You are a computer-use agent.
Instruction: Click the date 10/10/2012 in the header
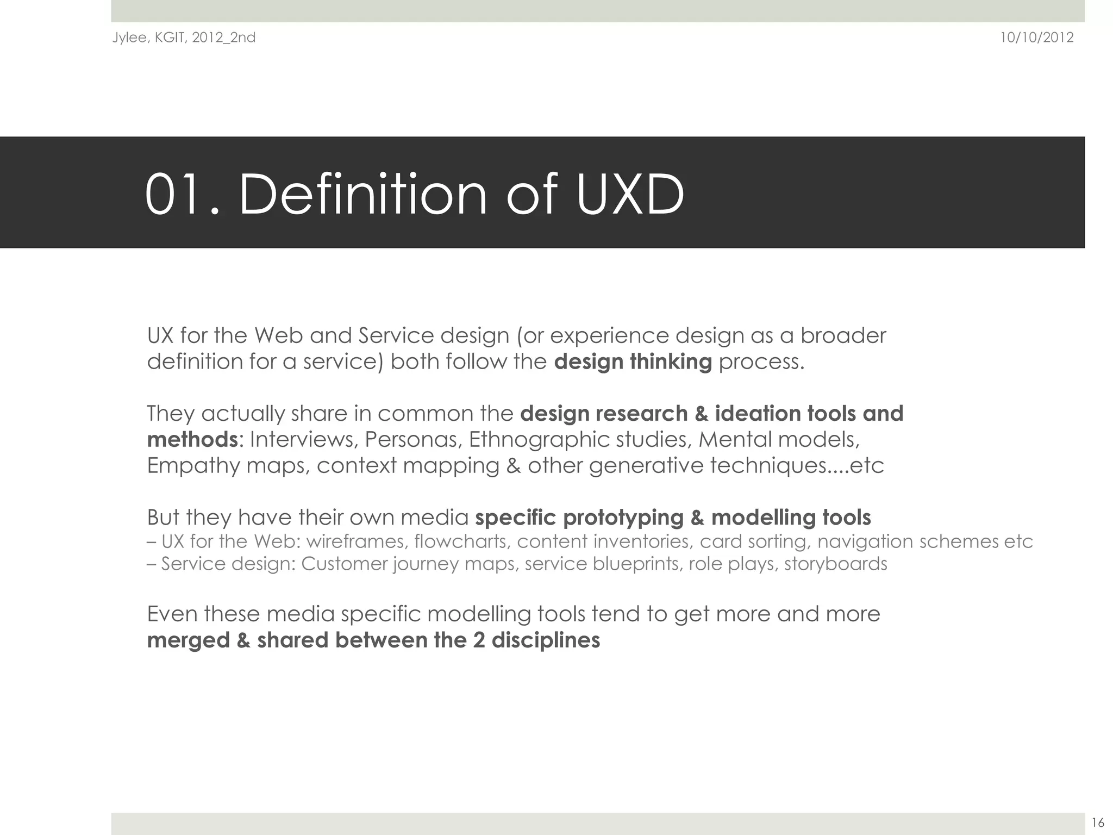[x=1037, y=38]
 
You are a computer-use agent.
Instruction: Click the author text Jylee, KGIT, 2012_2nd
[x=184, y=38]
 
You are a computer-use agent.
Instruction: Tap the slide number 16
[x=1097, y=822]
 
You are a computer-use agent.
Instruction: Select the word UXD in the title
[x=630, y=195]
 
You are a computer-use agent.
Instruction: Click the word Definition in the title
[x=362, y=195]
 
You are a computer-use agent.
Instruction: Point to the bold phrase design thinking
[x=633, y=362]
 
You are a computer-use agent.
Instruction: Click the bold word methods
[x=192, y=440]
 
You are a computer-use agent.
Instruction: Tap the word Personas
[x=413, y=440]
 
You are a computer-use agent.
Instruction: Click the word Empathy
[x=193, y=466]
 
